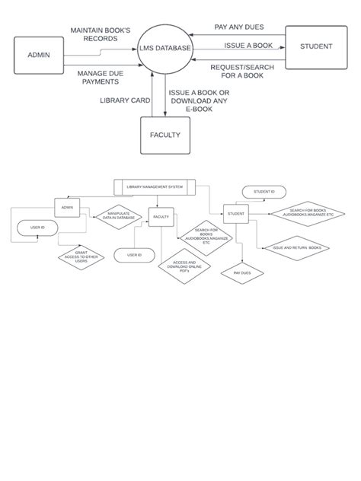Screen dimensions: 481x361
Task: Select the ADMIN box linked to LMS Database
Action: coord(39,55)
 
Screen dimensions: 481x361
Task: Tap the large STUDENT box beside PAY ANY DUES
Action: coord(315,46)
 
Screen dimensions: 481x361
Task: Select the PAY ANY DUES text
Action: coord(239,27)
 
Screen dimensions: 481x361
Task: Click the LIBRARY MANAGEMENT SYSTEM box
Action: coord(155,186)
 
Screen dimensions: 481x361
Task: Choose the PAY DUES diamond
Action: coord(242,272)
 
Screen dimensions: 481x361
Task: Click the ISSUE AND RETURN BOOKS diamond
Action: coord(296,248)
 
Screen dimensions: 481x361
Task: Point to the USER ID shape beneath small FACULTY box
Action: coord(134,255)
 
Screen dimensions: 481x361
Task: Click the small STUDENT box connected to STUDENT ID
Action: coord(236,215)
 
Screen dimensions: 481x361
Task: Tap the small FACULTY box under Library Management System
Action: coord(161,218)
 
